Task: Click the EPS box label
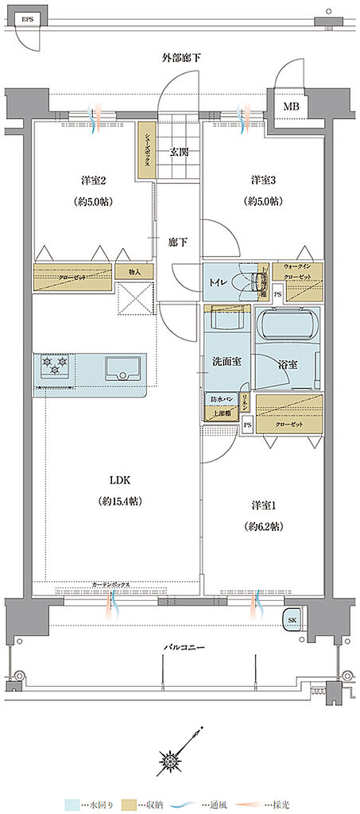point(28,17)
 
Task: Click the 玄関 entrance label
point(178,151)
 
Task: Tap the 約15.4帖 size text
point(119,502)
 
